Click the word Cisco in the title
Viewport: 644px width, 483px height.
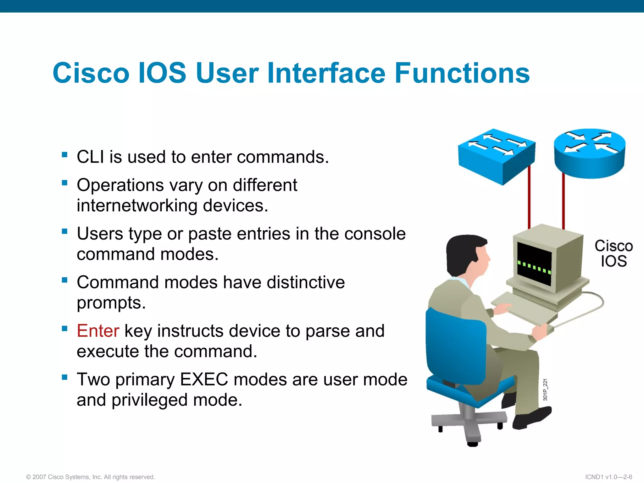click(x=91, y=73)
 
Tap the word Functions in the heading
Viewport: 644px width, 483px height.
click(x=462, y=73)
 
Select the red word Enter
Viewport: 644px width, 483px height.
click(x=98, y=331)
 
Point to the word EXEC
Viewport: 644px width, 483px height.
click(x=204, y=379)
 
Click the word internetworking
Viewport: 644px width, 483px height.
click(x=137, y=206)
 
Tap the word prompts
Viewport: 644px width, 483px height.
click(x=111, y=303)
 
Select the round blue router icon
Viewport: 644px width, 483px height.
click(x=590, y=153)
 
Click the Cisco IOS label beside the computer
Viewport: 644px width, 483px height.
click(x=613, y=253)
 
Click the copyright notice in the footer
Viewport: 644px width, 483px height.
click(x=90, y=477)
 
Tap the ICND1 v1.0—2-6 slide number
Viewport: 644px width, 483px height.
click(x=608, y=477)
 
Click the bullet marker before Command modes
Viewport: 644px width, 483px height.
click(x=65, y=280)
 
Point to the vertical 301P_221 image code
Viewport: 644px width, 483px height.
click(x=545, y=390)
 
